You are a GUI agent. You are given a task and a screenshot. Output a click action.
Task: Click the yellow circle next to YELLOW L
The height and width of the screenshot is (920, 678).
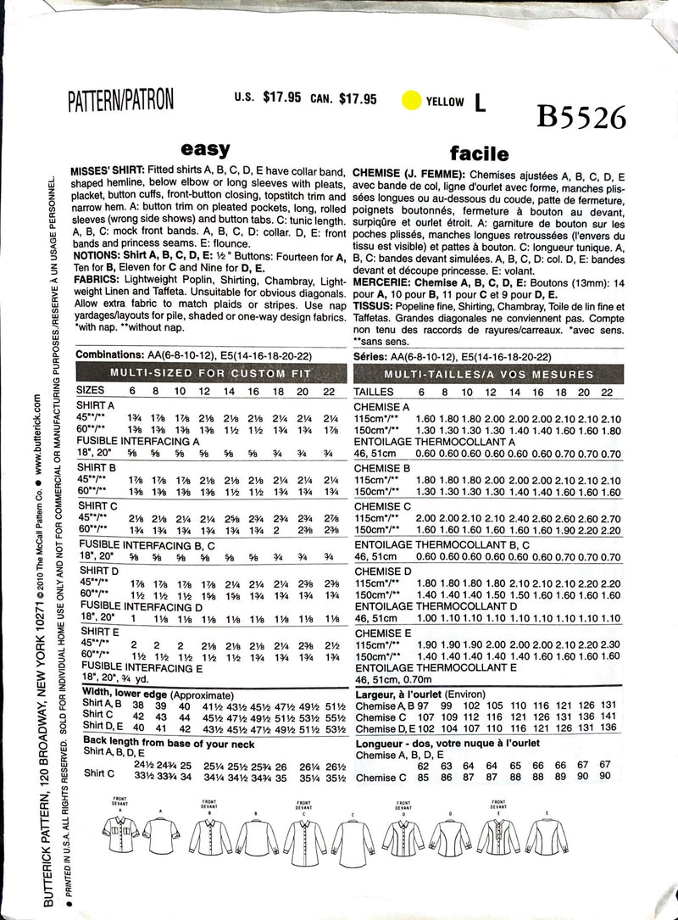click(x=410, y=101)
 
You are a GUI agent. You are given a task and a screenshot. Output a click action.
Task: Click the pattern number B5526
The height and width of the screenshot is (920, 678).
click(x=581, y=116)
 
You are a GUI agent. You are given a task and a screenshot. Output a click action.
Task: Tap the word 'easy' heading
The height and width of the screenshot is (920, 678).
click(x=206, y=149)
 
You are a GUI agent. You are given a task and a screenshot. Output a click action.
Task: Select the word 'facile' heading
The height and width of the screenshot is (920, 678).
click(x=480, y=153)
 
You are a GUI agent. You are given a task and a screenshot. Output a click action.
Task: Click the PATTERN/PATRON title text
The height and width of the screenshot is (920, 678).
click(x=121, y=100)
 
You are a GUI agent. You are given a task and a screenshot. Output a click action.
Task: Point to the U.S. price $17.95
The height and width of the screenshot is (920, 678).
click(x=282, y=98)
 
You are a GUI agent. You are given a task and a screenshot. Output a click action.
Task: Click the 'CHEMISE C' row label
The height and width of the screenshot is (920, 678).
click(x=381, y=505)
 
